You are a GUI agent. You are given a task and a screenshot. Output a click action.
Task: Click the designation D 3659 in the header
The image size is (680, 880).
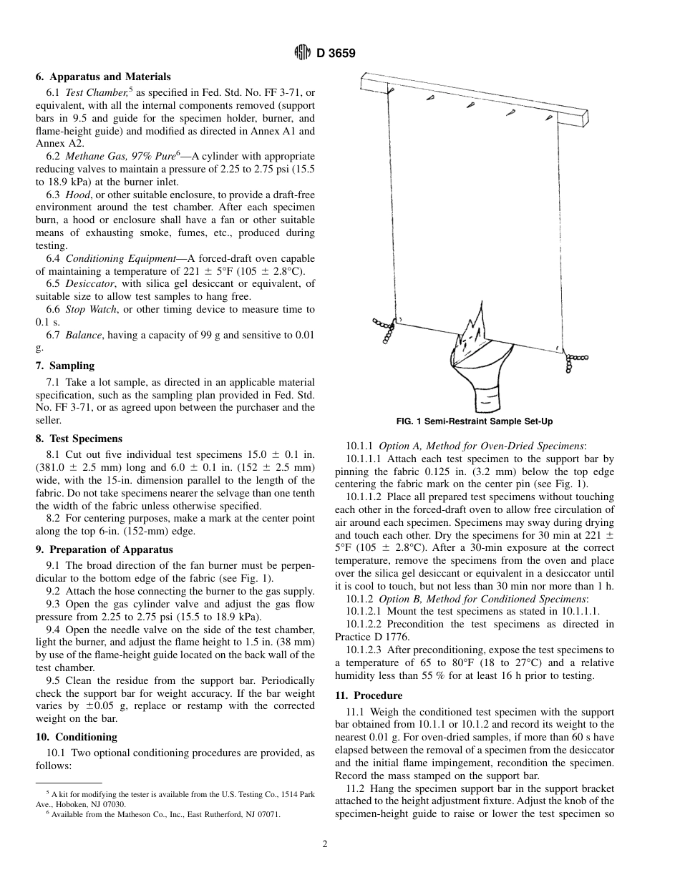pyautogui.click(x=336, y=54)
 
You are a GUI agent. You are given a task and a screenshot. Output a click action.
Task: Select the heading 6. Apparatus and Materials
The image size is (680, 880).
pyautogui.click(x=103, y=77)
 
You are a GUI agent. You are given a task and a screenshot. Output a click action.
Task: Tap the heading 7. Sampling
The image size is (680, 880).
pyautogui.click(x=64, y=366)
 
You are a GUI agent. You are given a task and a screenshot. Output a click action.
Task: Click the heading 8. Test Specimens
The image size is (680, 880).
pyautogui.click(x=79, y=439)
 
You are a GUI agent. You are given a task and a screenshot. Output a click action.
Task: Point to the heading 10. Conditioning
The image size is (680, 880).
pyautogui.click(x=76, y=737)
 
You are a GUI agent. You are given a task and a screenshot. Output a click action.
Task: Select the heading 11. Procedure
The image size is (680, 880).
pyautogui.click(x=369, y=695)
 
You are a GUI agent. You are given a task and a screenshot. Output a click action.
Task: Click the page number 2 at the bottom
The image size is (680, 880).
pyautogui.click(x=325, y=844)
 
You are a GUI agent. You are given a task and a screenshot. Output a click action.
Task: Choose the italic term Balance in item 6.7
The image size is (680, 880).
pyautogui.click(x=82, y=335)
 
